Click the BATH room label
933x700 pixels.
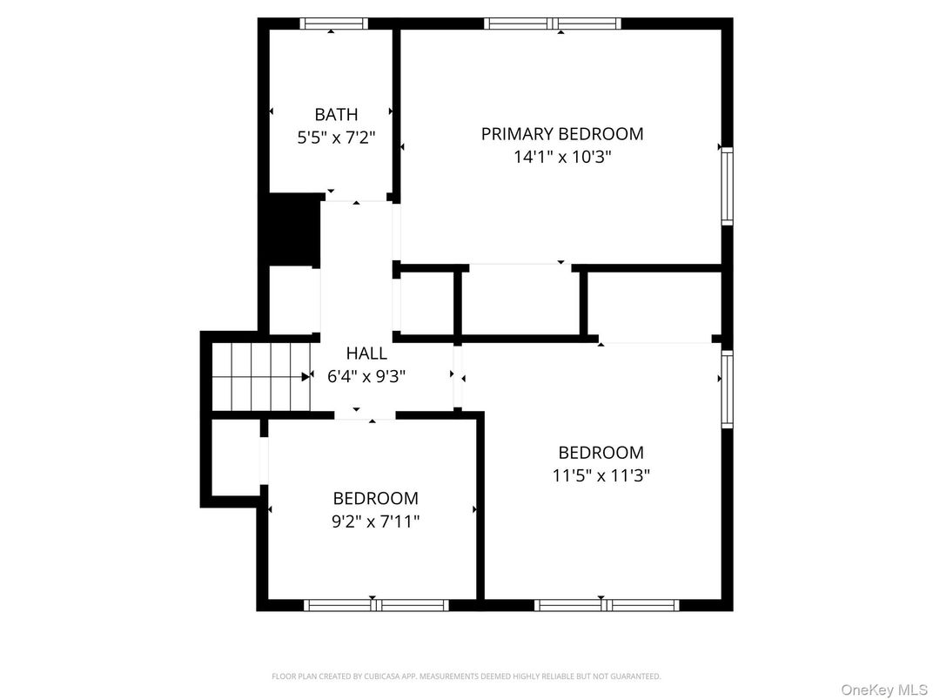[x=336, y=114]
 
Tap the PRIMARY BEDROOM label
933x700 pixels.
[x=562, y=134]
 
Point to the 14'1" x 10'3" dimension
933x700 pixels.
[x=562, y=157]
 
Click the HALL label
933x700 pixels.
[x=366, y=353]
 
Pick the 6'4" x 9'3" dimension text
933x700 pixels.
[x=366, y=376]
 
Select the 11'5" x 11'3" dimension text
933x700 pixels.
[x=601, y=475]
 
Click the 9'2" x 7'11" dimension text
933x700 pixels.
[x=375, y=521]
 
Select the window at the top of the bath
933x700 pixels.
[x=333, y=24]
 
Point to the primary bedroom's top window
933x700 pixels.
[x=553, y=24]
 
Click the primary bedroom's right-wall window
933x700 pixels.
[x=727, y=186]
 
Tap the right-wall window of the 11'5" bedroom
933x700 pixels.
[x=727, y=388]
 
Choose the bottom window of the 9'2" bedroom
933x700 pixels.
[x=376, y=605]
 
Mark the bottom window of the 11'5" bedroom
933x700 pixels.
[x=607, y=605]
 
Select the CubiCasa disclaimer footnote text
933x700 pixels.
[x=466, y=676]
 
